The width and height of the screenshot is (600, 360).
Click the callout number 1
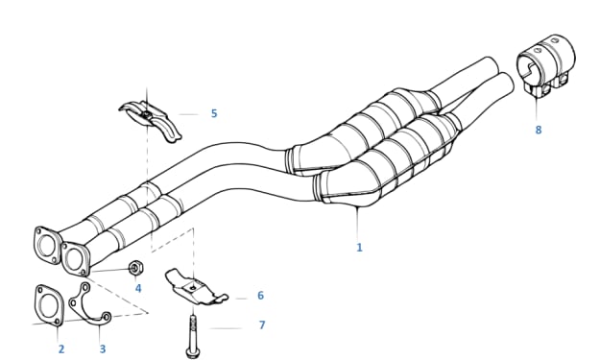(359, 248)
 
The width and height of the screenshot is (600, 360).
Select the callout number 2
(61, 348)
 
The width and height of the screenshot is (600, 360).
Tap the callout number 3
(103, 348)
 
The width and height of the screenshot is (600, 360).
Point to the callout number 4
(138, 288)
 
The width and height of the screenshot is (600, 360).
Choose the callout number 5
(214, 113)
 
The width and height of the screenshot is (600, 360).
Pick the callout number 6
(260, 296)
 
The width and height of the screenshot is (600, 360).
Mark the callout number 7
(262, 324)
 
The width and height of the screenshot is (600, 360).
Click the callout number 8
(539, 130)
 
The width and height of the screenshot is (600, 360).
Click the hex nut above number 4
(134, 268)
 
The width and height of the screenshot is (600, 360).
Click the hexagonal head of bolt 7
(192, 352)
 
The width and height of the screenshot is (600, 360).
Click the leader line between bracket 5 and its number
(188, 114)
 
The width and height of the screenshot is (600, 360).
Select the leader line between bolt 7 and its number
(225, 328)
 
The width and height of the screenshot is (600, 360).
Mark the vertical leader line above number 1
(357, 223)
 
